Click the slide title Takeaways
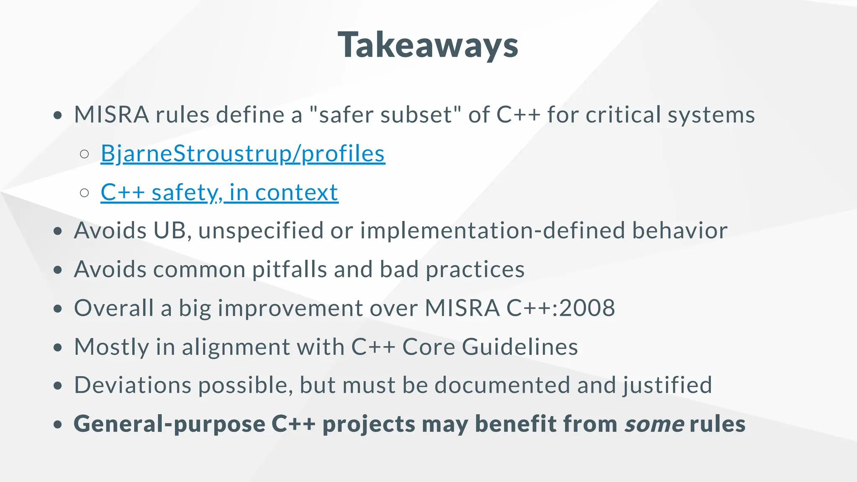click(428, 45)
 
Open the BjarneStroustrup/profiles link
click(243, 154)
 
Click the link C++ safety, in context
click(219, 192)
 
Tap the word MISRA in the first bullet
click(111, 115)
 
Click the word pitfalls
click(289, 269)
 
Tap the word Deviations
click(133, 385)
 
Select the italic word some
click(654, 424)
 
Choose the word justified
click(667, 385)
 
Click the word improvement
click(290, 308)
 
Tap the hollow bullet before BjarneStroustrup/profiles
click(85, 154)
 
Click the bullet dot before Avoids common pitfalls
click(58, 269)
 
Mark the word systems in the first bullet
click(711, 115)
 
